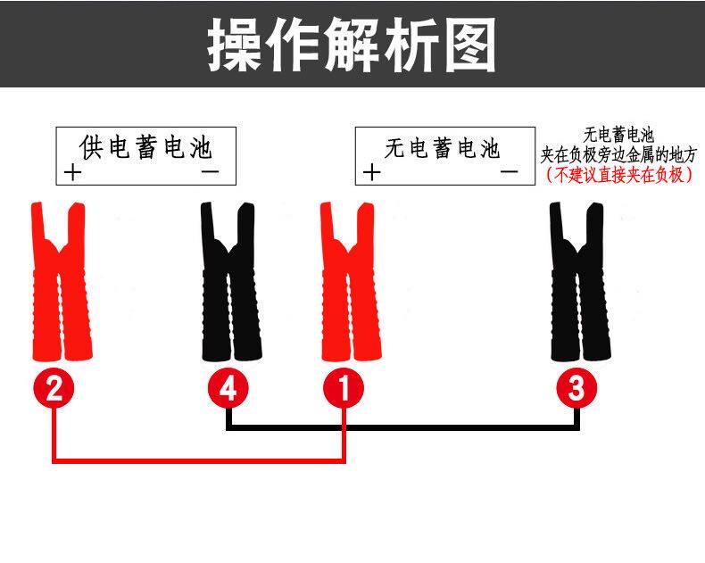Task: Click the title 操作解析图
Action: tap(352, 44)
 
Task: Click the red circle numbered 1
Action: tap(344, 389)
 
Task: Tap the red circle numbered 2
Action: tap(54, 389)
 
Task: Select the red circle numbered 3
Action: tap(576, 389)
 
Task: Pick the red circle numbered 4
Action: tap(228, 389)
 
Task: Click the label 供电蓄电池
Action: tap(145, 146)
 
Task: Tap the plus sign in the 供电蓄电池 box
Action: tap(72, 172)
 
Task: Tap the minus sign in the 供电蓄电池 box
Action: tap(210, 170)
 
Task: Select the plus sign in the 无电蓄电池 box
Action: tap(370, 172)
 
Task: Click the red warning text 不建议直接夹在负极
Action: tap(618, 175)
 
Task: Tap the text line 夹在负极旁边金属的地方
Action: tap(618, 155)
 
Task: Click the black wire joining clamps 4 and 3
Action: tap(402, 427)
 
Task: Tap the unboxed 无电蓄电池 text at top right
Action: tap(618, 136)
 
